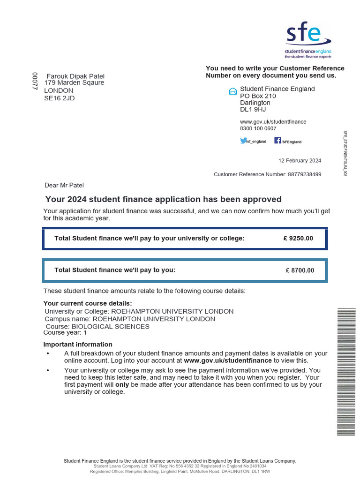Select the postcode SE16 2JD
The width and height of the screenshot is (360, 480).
click(x=59, y=98)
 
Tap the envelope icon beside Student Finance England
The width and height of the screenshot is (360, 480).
click(x=232, y=91)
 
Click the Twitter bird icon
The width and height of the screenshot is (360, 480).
click(x=243, y=141)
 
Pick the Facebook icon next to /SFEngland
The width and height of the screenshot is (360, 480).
click(x=277, y=141)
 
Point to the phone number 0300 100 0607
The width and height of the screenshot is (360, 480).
click(x=258, y=128)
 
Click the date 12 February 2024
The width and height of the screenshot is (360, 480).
click(x=300, y=160)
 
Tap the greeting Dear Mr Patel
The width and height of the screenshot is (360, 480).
click(x=64, y=185)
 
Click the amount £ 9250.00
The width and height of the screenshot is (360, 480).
click(x=298, y=238)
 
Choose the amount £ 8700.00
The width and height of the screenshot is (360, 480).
click(x=300, y=270)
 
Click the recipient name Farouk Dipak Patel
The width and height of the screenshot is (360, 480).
click(x=75, y=76)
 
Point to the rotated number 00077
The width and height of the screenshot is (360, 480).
click(x=34, y=81)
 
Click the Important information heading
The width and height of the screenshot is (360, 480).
click(x=78, y=345)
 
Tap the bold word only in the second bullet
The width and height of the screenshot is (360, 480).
click(x=122, y=384)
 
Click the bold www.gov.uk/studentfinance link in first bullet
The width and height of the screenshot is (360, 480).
click(x=228, y=360)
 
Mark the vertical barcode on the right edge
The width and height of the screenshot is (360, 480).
click(x=346, y=373)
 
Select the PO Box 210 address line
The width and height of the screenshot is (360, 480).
click(x=258, y=96)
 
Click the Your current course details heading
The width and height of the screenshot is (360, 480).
click(x=88, y=303)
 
